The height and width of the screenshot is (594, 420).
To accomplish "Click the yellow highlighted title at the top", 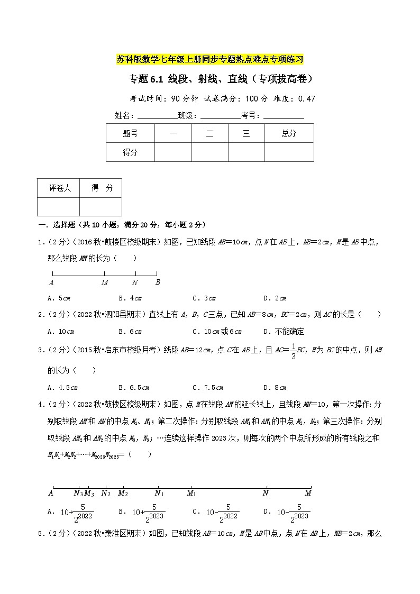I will click(x=210, y=59).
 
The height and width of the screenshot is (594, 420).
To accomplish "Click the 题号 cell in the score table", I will click(x=130, y=134).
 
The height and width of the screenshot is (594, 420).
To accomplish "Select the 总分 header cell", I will click(x=289, y=134).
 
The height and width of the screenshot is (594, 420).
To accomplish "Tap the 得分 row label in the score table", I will click(x=130, y=152).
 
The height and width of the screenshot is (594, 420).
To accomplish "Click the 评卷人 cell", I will click(x=59, y=188).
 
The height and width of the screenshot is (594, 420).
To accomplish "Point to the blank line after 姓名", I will click(x=157, y=116).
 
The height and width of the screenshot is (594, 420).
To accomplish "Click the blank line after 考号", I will click(x=284, y=116).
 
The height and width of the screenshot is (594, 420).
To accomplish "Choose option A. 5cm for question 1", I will click(x=59, y=298).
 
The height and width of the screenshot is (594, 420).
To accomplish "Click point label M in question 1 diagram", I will click(x=105, y=282).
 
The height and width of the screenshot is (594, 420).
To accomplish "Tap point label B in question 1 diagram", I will click(x=158, y=282).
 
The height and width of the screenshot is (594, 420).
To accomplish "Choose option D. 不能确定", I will click(x=284, y=331).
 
